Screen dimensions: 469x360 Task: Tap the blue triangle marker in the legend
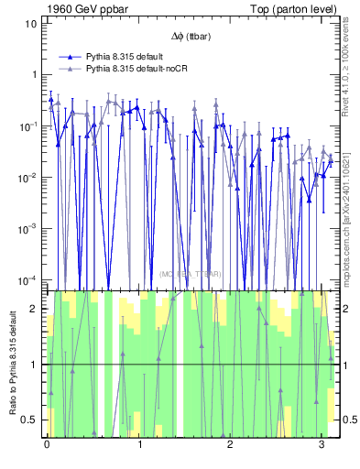pos(68,56)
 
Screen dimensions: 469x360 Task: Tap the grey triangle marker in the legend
pos(68,68)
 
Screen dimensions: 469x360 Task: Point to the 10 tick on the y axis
pos(30,23)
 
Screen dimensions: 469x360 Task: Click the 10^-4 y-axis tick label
pos(28,279)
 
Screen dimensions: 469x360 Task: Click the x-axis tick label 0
pos(47,444)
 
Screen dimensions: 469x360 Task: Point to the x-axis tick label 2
pos(230,444)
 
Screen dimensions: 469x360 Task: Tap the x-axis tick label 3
pos(322,444)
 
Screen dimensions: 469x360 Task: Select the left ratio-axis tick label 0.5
pos(29,420)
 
